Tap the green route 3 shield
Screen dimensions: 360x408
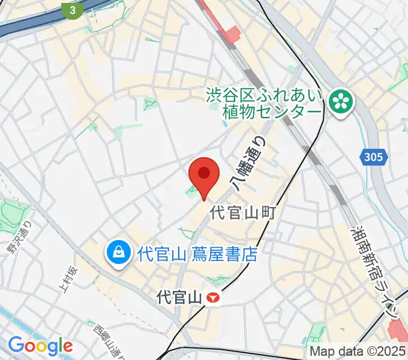[x=73, y=10]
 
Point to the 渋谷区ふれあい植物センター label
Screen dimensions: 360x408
[x=264, y=104]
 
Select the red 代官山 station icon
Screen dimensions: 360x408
[x=212, y=296]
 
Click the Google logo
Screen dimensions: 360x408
[x=40, y=346]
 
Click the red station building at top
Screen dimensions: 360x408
[x=230, y=34]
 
